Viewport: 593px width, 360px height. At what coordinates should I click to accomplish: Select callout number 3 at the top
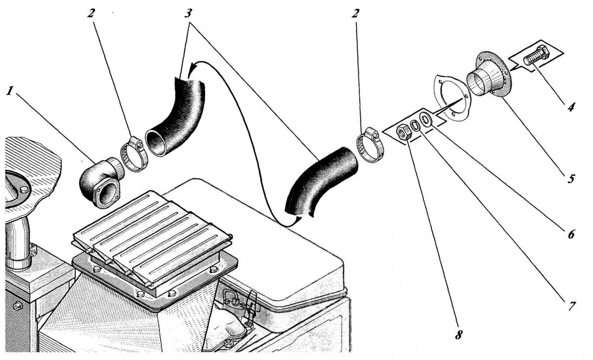(x=188, y=13)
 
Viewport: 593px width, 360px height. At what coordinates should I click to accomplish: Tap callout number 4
(x=571, y=106)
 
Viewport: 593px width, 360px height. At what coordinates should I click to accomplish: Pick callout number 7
(x=571, y=306)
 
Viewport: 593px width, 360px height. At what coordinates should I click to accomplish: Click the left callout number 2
(x=91, y=13)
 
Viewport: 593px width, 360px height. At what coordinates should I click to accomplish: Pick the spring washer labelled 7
(x=415, y=125)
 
